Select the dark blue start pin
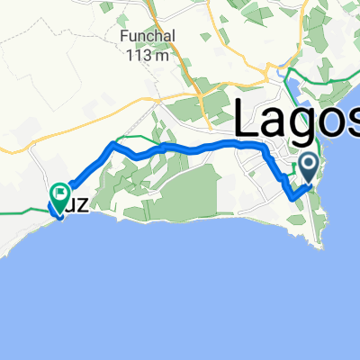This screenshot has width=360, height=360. (x=309, y=166)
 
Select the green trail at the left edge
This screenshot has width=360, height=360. (x=18, y=211)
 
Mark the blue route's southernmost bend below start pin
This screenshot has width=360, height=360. (x=291, y=195)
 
